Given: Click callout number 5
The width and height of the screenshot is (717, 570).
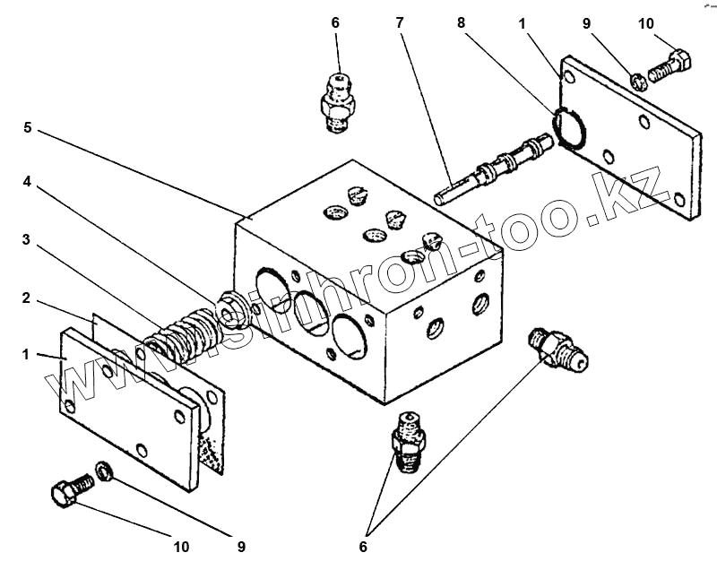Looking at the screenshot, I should (28, 128).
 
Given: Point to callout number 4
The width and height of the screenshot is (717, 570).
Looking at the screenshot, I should (28, 181).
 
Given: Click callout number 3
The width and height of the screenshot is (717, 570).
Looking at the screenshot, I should (28, 239).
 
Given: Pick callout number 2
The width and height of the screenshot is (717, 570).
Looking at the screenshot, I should (28, 298).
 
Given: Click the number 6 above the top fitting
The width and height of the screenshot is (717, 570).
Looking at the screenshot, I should (336, 22).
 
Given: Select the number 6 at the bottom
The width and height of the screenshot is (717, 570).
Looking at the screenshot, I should (363, 545).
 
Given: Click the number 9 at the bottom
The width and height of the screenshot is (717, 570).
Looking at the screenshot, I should (241, 545).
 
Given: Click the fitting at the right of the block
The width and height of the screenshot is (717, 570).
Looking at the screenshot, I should (557, 347).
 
